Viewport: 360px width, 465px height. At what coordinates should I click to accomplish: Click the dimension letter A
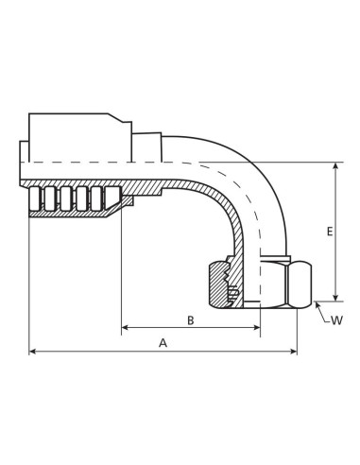[163, 343]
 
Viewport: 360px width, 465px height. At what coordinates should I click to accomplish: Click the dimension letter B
[190, 320]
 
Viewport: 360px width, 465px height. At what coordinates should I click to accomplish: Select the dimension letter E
[330, 232]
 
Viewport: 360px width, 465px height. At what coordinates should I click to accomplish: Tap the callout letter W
[336, 320]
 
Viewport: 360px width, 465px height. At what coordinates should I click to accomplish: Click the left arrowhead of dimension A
[32, 351]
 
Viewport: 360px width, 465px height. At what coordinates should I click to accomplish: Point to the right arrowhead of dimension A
[294, 351]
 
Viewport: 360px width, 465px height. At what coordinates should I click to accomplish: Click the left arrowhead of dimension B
[125, 328]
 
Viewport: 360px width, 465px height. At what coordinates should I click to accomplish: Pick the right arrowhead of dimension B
[257, 328]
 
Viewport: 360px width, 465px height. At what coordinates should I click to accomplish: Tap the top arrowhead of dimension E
[336, 165]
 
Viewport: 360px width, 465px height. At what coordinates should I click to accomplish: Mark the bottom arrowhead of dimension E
[336, 298]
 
